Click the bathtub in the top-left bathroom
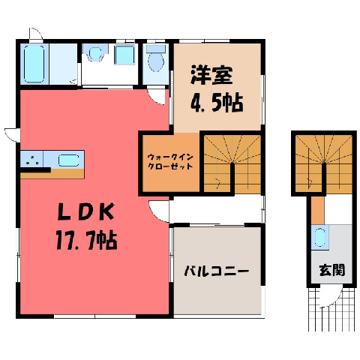click(x=34, y=64)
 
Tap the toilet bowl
click(x=156, y=61)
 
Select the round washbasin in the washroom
click(x=95, y=53)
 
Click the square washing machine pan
click(x=124, y=55)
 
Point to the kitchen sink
click(x=69, y=160)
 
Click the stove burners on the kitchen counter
click(x=32, y=160)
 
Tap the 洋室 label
click(x=211, y=75)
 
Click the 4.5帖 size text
click(x=217, y=103)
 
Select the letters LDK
click(x=86, y=211)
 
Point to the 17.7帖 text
click(x=86, y=240)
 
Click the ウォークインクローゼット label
click(x=170, y=162)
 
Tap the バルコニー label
click(x=217, y=271)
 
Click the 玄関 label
click(x=332, y=270)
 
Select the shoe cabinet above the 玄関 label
click(x=319, y=237)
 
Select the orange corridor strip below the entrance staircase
click(x=317, y=210)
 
